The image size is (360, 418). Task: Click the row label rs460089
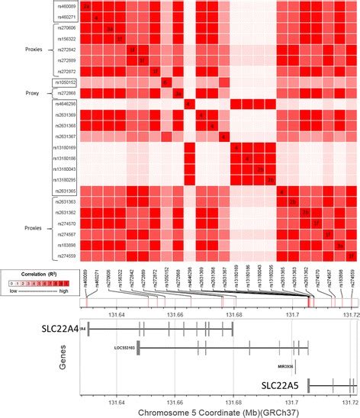(66, 6)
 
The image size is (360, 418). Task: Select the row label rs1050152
(66, 82)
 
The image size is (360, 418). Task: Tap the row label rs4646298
(66, 104)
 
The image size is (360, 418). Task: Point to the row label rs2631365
(66, 190)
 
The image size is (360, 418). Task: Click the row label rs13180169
(66, 147)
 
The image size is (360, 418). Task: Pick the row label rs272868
(66, 93)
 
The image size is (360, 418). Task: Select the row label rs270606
(66, 27)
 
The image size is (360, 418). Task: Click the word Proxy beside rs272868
(34, 93)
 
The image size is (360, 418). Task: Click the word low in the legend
(11, 290)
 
